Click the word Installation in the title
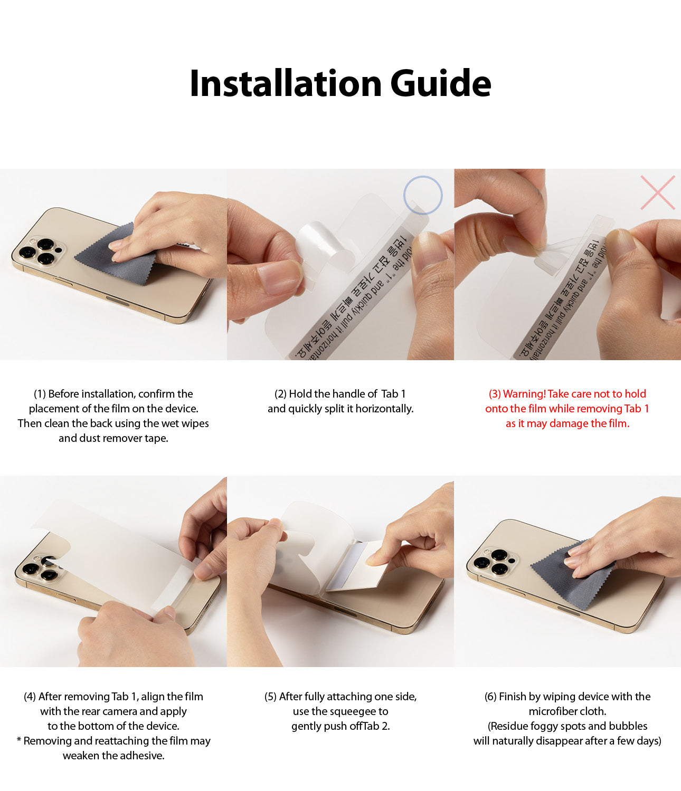[285, 84]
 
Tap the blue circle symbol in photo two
[422, 195]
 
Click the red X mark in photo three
[657, 192]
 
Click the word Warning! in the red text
[524, 394]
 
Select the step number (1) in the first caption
[40, 394]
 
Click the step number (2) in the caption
[280, 394]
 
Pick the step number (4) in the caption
[30, 697]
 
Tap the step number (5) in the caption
[270, 697]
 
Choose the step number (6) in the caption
[490, 697]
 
